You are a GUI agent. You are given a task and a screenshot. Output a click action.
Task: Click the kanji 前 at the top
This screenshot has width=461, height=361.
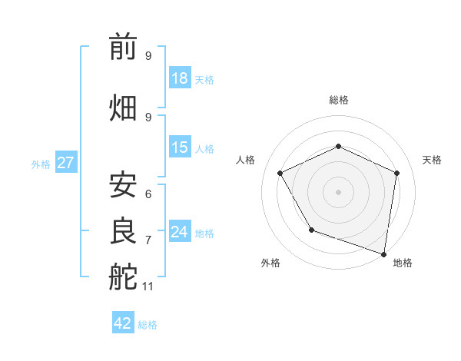123,48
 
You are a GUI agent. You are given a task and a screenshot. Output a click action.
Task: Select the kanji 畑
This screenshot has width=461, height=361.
123,108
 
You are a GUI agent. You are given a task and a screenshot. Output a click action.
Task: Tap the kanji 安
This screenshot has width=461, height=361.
123,185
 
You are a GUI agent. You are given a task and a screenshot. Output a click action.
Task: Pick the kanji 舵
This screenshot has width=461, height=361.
123,277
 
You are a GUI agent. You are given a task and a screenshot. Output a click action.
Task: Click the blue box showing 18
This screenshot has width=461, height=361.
180,78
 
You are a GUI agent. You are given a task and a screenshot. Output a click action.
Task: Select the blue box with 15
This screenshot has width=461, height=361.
180,147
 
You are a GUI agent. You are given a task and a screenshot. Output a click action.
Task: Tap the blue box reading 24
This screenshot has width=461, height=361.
180,232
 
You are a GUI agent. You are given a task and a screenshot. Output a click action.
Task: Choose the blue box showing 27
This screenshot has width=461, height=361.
65,163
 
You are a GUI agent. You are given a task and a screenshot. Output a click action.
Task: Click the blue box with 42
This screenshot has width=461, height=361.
123,323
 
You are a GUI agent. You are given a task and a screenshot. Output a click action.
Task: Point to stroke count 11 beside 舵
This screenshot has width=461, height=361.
149,286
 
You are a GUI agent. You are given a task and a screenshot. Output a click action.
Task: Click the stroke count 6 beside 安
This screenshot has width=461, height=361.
148,194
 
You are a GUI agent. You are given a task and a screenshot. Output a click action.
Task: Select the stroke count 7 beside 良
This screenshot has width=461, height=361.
148,240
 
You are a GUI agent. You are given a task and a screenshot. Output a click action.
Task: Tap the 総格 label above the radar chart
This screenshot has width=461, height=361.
338,100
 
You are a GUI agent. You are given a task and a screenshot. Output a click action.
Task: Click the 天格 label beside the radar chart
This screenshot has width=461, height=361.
432,160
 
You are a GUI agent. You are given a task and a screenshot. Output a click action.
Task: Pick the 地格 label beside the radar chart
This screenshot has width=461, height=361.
403,263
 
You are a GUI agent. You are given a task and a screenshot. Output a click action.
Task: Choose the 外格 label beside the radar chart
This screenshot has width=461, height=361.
270,263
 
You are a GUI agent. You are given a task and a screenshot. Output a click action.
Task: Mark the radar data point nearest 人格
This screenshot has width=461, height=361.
280,174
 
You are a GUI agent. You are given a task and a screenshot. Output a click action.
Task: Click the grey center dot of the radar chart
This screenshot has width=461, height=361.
338,192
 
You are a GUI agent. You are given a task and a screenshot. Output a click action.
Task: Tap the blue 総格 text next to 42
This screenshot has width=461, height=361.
148,325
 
